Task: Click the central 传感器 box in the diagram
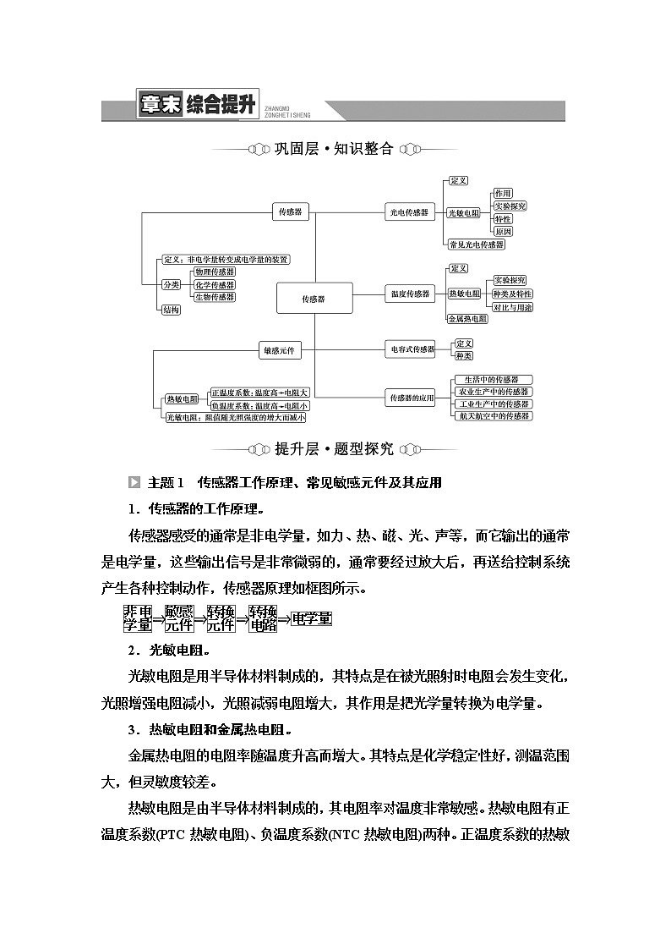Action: click(x=314, y=299)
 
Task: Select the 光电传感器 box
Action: click(x=408, y=213)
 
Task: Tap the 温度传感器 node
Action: click(x=410, y=294)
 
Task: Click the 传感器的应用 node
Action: click(x=411, y=398)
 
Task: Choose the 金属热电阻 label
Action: click(x=467, y=318)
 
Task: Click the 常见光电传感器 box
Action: click(x=477, y=244)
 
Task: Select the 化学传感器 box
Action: click(x=215, y=284)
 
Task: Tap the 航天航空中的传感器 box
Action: click(x=494, y=416)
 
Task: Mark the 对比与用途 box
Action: click(x=513, y=307)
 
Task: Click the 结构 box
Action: click(x=171, y=310)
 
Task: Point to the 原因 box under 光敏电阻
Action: click(x=504, y=232)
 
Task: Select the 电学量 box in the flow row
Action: click(x=311, y=618)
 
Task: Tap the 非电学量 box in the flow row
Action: click(x=138, y=618)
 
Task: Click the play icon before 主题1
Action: click(x=134, y=482)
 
